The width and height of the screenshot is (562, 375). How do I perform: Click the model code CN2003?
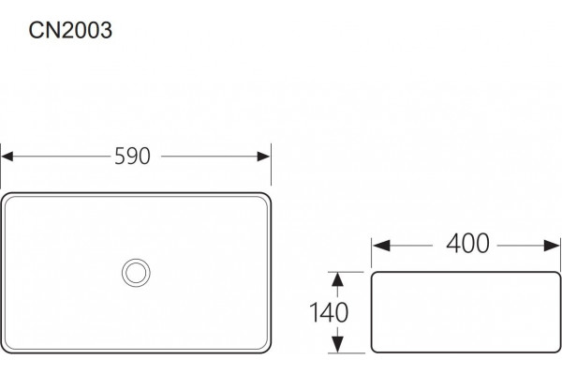tap(70, 30)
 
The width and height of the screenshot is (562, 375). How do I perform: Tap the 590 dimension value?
tap(132, 157)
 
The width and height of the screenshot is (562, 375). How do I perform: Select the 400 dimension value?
tap(467, 244)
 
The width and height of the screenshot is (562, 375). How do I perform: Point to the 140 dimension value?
tap(329, 312)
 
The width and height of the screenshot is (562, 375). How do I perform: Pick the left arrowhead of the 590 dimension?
tap(7, 157)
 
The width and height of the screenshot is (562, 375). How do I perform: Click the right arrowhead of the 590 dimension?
tap(264, 157)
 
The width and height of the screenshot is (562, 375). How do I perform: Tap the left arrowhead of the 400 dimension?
tap(381, 246)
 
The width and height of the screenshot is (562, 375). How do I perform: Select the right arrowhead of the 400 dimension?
tap(552, 246)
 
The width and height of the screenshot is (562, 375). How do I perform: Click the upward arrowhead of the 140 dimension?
tap(337, 279)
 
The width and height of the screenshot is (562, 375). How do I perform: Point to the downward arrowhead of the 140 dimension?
tap(337, 344)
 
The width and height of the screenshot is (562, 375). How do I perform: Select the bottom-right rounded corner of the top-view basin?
tap(266, 349)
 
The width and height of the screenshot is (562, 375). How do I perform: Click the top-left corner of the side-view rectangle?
tap(373, 274)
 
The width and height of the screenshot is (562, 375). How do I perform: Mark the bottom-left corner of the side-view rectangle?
tap(373, 351)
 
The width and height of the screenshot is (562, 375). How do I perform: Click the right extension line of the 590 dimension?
tap(271, 164)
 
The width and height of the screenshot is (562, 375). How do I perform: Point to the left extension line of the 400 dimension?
tap(371, 252)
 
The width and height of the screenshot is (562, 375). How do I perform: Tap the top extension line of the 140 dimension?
tap(347, 272)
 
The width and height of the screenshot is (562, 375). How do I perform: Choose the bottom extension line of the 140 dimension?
tap(347, 353)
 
